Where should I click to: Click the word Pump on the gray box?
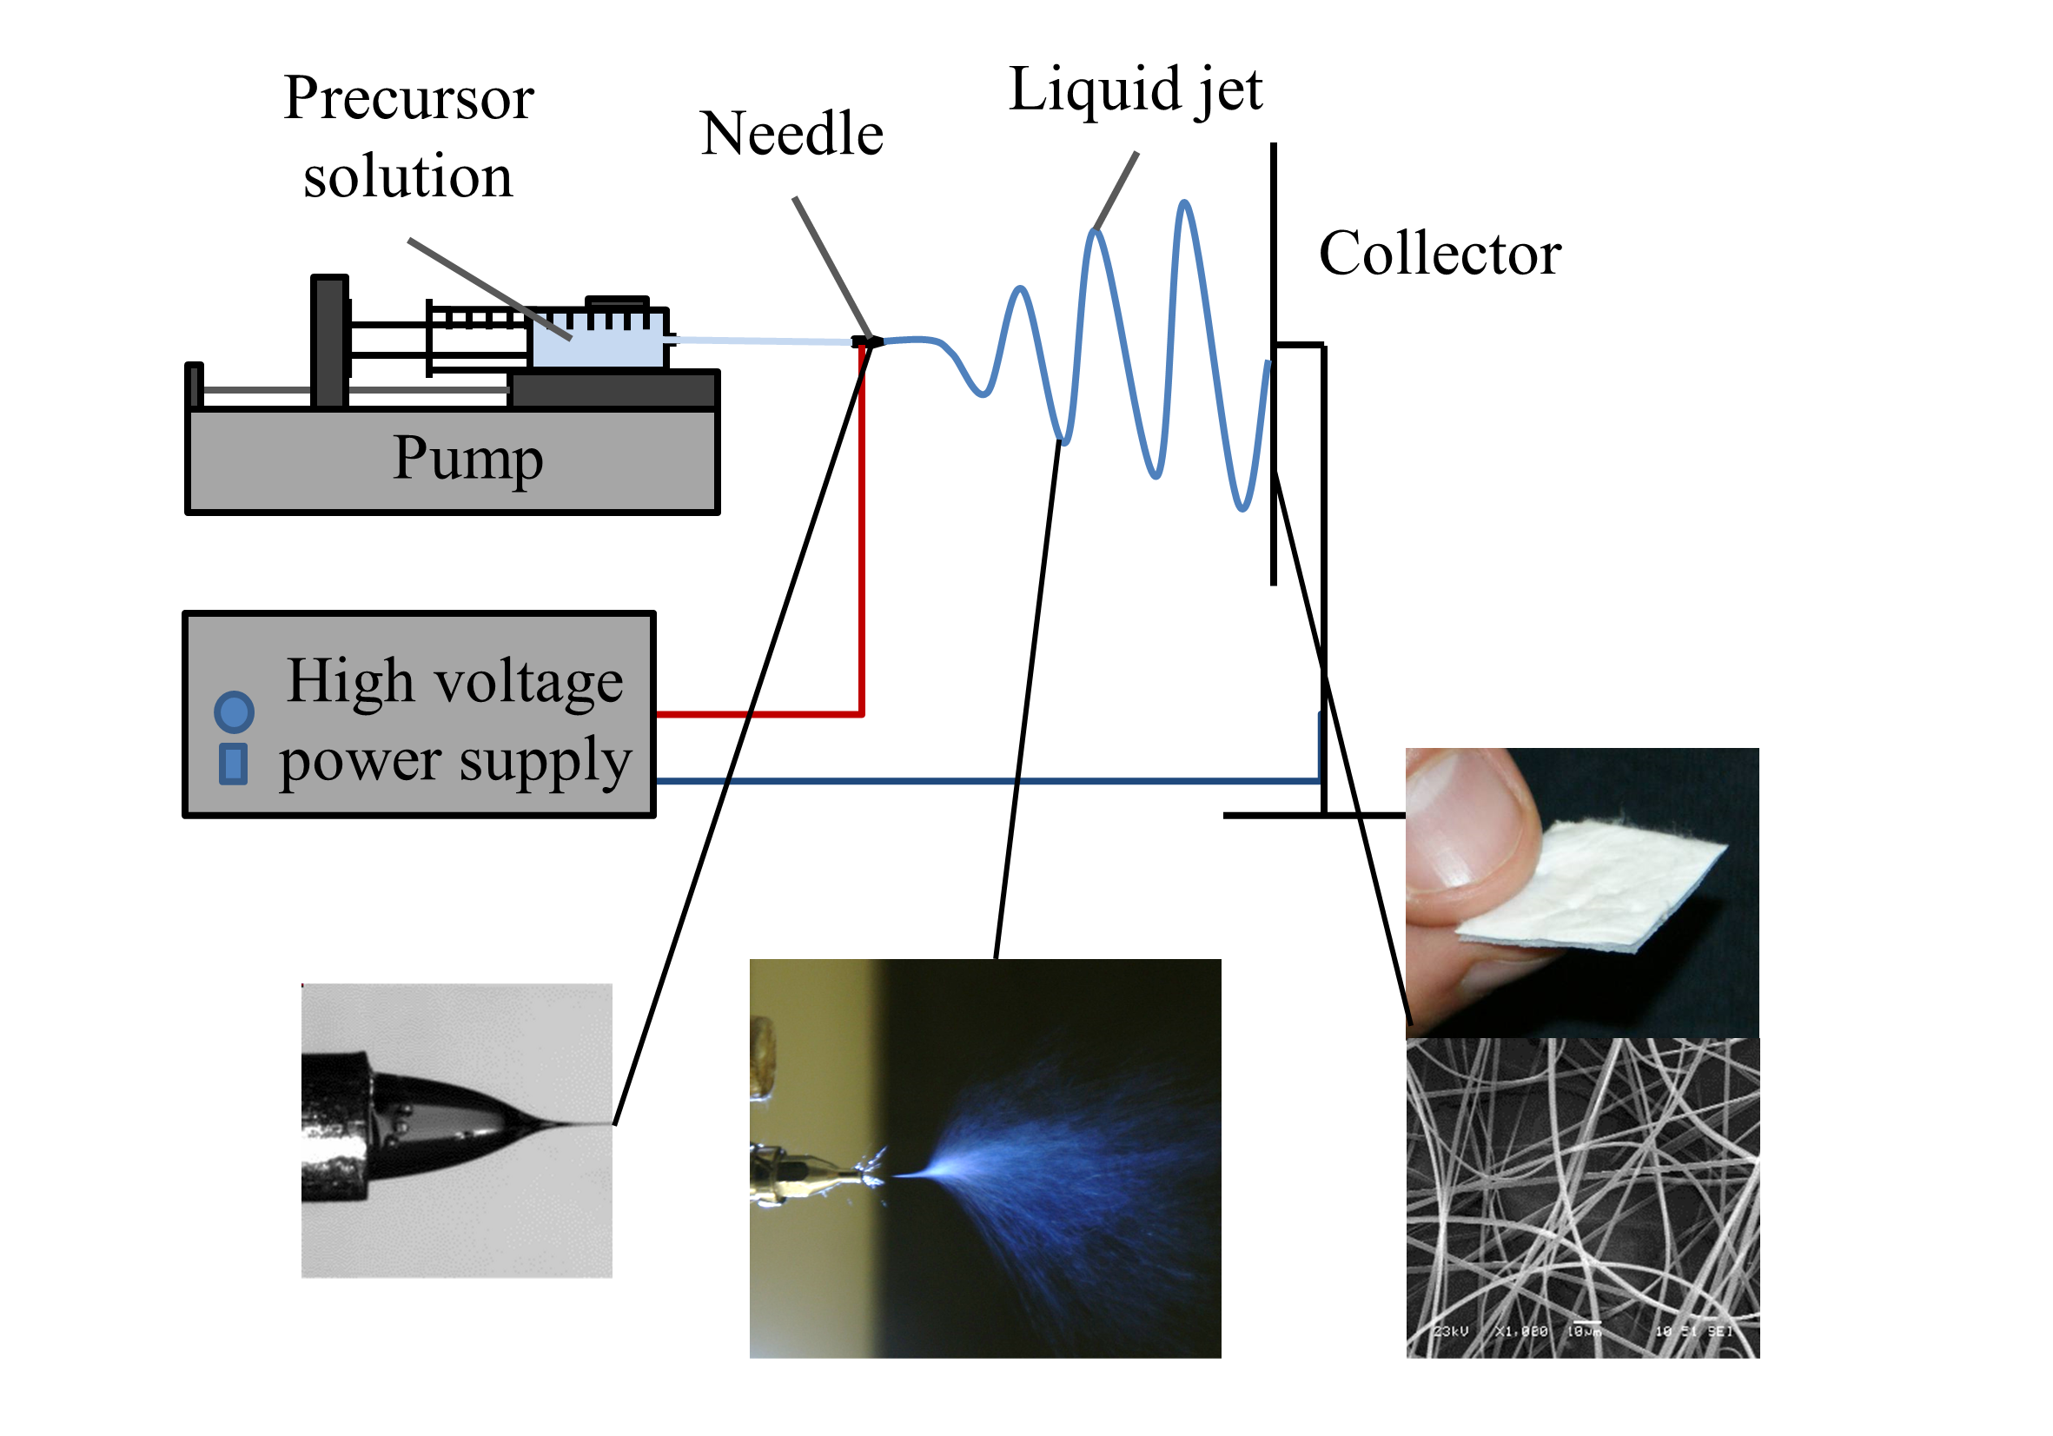pyautogui.click(x=467, y=459)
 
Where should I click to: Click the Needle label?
pyautogui.click(x=791, y=134)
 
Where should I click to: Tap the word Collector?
pyautogui.click(x=1440, y=254)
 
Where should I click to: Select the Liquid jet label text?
pyautogui.click(x=1135, y=89)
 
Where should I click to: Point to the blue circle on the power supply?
pyautogui.click(x=235, y=712)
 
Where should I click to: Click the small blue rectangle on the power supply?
pyautogui.click(x=234, y=764)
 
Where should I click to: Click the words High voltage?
pyautogui.click(x=454, y=681)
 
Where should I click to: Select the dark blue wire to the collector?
pyautogui.click(x=983, y=782)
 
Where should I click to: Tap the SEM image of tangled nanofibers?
pyautogui.click(x=1583, y=1198)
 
